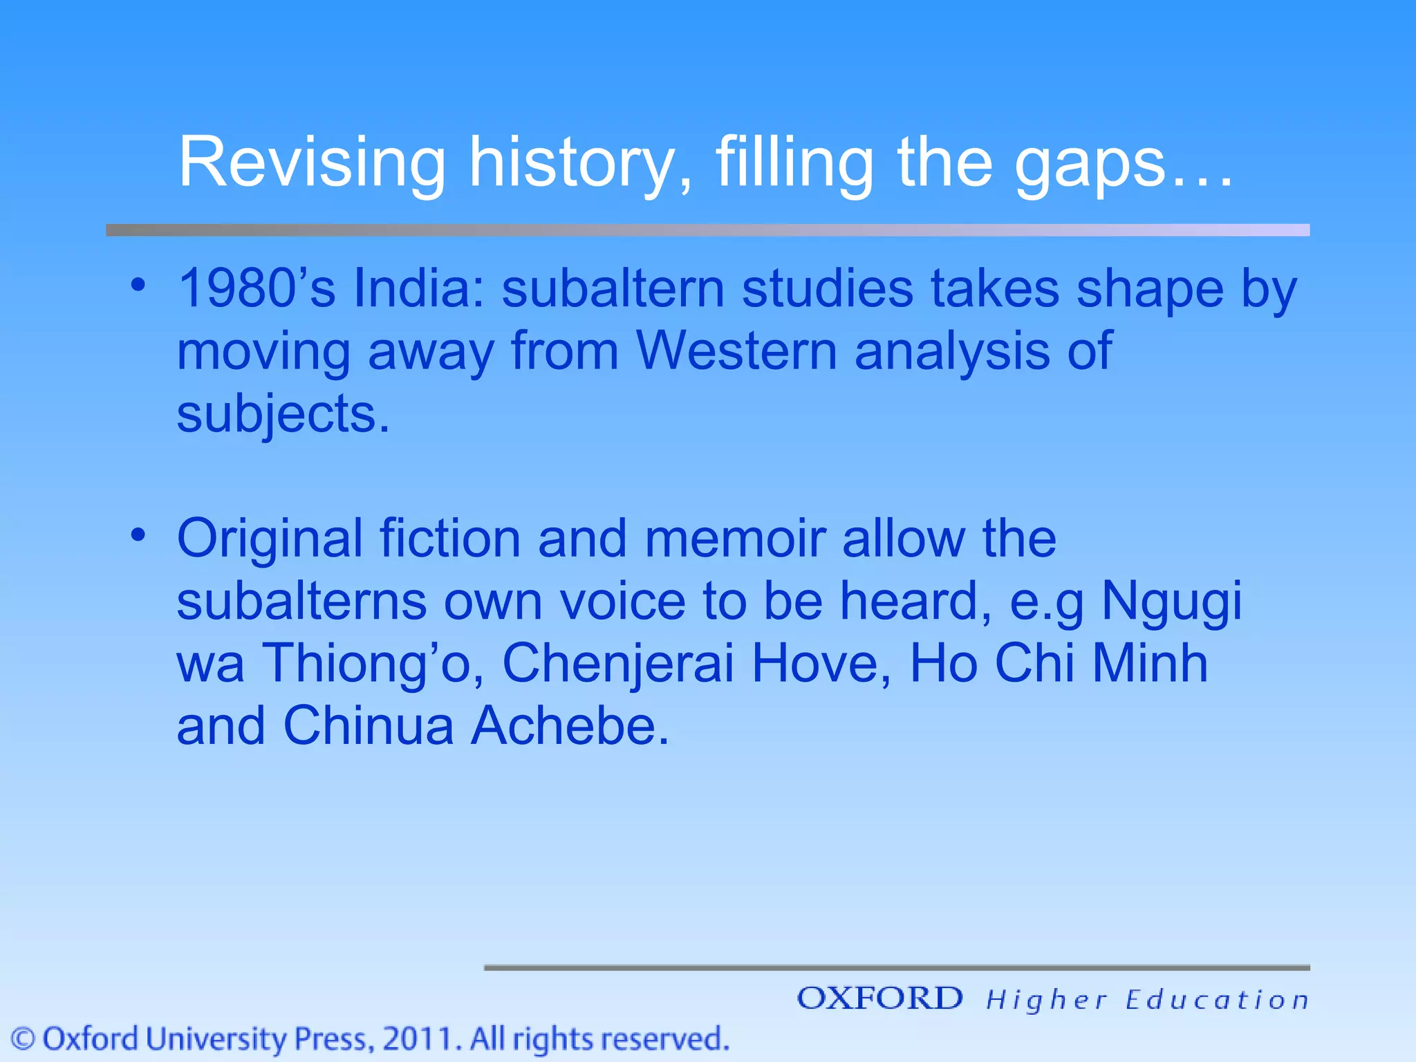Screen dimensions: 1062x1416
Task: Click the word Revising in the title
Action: (x=312, y=162)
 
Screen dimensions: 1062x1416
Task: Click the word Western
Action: (x=737, y=351)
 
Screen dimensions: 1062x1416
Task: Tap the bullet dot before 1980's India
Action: (x=138, y=285)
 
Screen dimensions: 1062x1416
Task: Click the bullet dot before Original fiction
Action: (x=138, y=534)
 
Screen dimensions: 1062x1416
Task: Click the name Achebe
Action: (x=570, y=726)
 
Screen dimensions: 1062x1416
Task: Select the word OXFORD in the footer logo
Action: (x=879, y=998)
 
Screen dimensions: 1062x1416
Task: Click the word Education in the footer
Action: (x=1217, y=1000)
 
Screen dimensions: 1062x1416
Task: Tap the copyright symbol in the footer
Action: (x=24, y=1039)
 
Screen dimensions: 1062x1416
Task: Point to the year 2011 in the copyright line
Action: (x=420, y=1039)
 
